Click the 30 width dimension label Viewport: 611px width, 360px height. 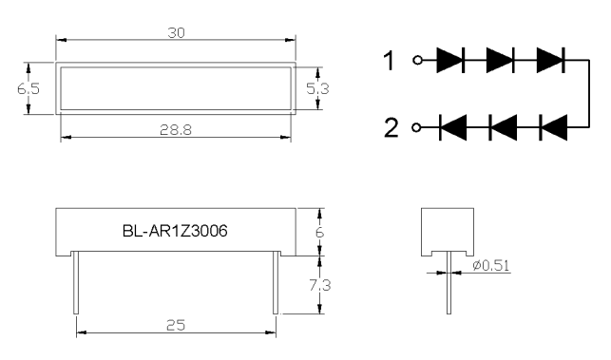click(176, 33)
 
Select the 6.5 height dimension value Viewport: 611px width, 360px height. click(29, 89)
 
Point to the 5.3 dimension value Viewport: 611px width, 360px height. click(317, 89)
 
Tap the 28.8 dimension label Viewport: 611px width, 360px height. click(176, 130)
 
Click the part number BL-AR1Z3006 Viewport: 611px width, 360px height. click(175, 231)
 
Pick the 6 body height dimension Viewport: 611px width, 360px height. click(319, 233)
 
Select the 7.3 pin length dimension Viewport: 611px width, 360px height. click(320, 285)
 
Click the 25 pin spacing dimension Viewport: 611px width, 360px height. click(176, 325)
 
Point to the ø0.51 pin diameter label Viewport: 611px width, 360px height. click(491, 266)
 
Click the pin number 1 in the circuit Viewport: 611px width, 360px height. click(390, 61)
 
